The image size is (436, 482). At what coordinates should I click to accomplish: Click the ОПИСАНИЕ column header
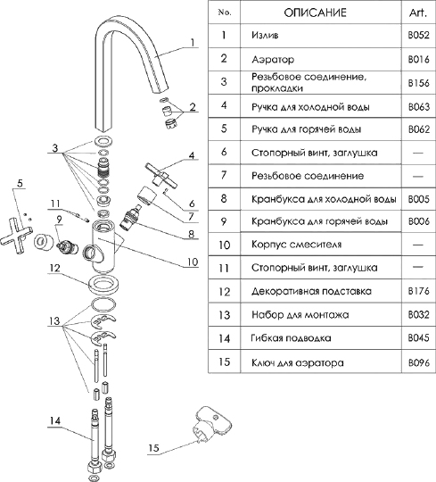(x=315, y=12)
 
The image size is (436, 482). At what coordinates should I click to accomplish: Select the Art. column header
(x=418, y=12)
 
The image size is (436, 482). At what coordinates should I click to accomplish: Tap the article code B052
(x=418, y=35)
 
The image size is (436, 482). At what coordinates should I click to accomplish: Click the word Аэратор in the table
(x=273, y=59)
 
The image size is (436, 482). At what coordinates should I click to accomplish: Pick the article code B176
(x=418, y=290)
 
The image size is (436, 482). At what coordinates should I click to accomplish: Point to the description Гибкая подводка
(x=291, y=338)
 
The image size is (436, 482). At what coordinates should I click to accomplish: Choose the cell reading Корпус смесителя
(x=296, y=245)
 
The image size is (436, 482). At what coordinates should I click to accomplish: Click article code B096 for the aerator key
(x=418, y=362)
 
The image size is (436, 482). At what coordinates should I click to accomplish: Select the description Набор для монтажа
(x=300, y=315)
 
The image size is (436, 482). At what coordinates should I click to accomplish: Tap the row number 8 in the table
(x=224, y=198)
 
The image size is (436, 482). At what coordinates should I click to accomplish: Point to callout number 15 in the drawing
(x=153, y=447)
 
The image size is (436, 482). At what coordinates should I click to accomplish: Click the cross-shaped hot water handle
(x=16, y=236)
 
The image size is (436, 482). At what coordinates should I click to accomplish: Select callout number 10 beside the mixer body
(x=193, y=262)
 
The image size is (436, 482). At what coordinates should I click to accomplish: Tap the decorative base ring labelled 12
(x=103, y=284)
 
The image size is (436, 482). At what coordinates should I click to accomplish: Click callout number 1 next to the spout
(x=193, y=42)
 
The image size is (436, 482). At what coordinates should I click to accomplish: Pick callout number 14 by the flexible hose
(x=54, y=420)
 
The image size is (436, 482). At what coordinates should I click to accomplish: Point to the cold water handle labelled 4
(x=161, y=176)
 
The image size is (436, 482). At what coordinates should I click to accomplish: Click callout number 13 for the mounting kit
(x=54, y=321)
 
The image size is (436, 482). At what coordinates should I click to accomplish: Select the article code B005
(x=418, y=199)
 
